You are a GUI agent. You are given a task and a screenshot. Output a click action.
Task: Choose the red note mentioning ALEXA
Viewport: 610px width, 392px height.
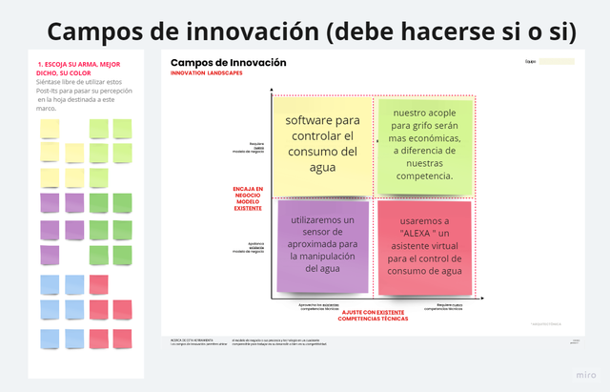coord(424,246)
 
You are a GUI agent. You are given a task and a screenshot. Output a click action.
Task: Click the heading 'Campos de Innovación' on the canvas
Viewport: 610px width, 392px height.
coord(228,63)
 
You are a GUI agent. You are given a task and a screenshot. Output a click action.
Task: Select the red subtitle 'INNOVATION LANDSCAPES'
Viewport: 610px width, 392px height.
coord(206,73)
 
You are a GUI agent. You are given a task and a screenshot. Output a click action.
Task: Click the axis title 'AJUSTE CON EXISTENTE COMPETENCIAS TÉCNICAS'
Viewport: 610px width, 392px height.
coord(374,314)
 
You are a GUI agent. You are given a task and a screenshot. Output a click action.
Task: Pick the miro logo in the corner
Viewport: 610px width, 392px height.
coord(580,374)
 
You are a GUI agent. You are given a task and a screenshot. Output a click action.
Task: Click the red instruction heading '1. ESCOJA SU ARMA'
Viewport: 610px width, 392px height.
coord(78,69)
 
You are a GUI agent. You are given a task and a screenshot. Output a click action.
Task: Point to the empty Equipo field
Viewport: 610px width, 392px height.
coord(557,62)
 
